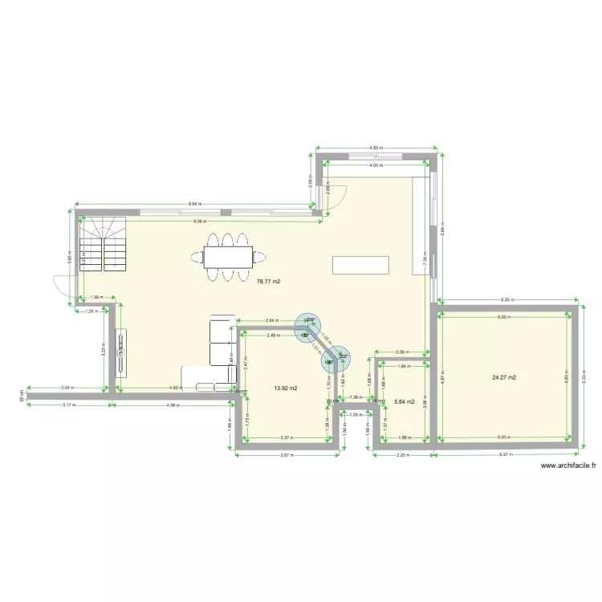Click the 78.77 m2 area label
(269, 282)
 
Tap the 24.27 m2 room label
(504, 376)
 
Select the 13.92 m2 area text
(286, 388)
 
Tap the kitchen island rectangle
(360, 265)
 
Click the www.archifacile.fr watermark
(569, 466)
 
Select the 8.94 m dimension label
(195, 205)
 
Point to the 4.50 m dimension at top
(376, 148)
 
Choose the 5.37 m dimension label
(506, 455)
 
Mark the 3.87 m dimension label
(285, 455)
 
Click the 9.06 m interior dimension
(198, 222)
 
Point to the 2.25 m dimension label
(403, 455)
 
